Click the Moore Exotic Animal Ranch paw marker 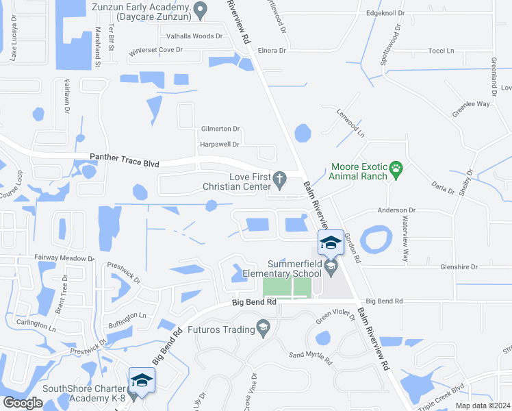(396, 168)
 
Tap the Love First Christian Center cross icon (279, 179)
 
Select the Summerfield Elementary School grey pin (331, 267)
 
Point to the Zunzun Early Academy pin (201, 10)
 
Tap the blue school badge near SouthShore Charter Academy (142, 380)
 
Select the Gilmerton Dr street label (220, 129)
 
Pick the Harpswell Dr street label (219, 145)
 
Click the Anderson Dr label (393, 210)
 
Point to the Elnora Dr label (272, 50)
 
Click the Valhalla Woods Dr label (191, 36)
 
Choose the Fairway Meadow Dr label (63, 258)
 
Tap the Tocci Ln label (441, 51)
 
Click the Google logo (23, 403)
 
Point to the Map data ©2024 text (483, 405)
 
